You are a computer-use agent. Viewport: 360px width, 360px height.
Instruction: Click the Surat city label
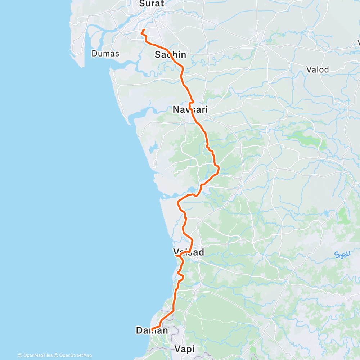coord(152,4)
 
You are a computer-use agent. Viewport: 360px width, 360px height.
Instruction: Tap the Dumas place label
coord(105,54)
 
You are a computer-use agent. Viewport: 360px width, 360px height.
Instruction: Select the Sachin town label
coord(170,55)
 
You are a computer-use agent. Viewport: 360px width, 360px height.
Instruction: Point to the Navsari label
coord(190,109)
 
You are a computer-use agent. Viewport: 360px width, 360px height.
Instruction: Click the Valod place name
coord(317,69)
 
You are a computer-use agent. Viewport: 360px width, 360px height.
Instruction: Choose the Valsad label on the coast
coord(188,252)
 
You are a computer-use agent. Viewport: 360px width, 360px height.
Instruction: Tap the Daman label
coord(152,330)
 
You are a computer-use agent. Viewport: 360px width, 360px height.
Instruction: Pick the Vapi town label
coord(184,348)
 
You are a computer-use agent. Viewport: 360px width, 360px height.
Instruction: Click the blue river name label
coord(343,255)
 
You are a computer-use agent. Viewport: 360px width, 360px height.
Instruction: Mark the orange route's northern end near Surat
coord(144,30)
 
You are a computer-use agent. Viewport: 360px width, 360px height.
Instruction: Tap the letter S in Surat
coord(142,4)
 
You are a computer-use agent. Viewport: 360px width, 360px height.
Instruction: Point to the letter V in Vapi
coord(177,348)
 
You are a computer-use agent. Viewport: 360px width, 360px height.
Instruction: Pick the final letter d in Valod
coord(326,69)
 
